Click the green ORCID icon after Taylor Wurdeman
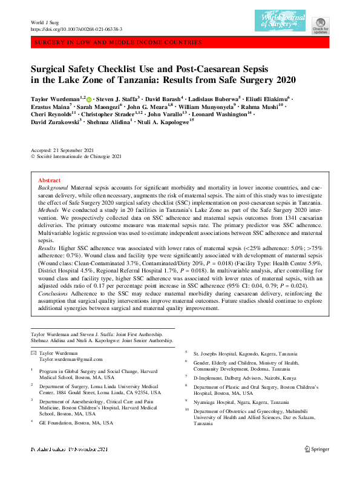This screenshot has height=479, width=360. [x=89, y=99]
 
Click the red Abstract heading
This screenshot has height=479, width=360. [x=49, y=180]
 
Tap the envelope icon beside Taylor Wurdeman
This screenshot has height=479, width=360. [x=33, y=352]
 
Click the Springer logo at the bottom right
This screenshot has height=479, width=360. [x=316, y=466]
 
